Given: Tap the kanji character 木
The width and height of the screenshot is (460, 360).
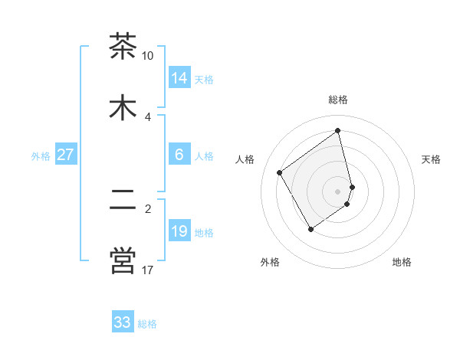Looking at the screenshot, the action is point(123,108).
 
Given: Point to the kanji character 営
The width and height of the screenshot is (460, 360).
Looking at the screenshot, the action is point(123,260).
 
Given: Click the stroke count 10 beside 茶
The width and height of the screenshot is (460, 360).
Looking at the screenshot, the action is point(148,56).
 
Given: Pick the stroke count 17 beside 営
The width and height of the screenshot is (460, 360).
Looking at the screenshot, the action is point(148,270).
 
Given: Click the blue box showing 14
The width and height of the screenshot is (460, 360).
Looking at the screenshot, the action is point(179,78).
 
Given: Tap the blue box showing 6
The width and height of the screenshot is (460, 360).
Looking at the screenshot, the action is point(179,155).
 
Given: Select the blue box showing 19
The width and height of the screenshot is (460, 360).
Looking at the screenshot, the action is point(179,231).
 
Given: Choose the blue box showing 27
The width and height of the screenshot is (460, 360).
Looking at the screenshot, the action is point(65,155).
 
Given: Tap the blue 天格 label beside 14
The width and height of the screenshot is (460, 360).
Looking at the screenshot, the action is point(204,80).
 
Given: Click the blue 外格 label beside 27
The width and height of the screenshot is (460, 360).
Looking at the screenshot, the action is point(41,156).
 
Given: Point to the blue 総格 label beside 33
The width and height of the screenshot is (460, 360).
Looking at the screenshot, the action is point(147,324).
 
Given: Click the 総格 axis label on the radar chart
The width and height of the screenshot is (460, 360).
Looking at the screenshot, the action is point(338,100).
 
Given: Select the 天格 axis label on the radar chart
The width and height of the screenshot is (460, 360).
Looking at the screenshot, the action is point(432,159).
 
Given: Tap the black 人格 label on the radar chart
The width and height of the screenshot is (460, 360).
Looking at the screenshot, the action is point(245,159).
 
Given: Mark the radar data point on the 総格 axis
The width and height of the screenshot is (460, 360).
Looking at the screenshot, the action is point(338,131).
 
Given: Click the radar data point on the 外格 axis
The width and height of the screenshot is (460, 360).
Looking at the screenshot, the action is point(310,229).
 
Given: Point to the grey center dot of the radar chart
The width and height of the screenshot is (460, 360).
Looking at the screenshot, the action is point(338,191).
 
